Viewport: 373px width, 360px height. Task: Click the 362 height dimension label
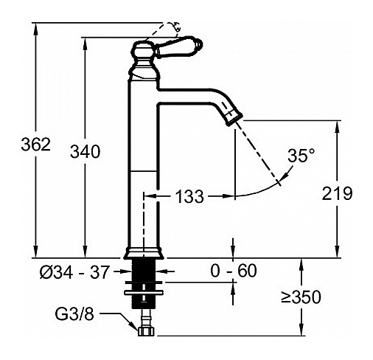click(35, 145)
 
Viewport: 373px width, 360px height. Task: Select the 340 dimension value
click(86, 151)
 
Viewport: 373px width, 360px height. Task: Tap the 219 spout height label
click(337, 193)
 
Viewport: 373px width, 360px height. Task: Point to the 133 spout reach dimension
click(189, 196)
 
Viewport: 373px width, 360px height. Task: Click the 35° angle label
click(301, 156)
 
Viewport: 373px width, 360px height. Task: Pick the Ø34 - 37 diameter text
click(74, 272)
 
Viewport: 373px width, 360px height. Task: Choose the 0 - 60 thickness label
click(234, 271)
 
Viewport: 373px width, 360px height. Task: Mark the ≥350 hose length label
click(301, 297)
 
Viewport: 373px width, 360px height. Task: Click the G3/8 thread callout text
click(74, 314)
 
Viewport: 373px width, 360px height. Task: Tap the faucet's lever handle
click(179, 46)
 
